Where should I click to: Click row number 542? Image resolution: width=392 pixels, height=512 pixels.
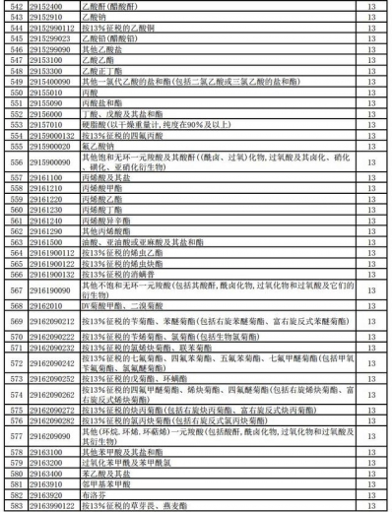15,7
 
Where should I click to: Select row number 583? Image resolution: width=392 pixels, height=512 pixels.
15,504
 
